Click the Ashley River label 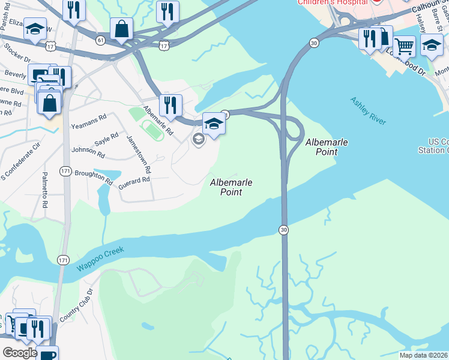368,110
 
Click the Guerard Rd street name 133,180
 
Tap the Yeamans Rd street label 88,117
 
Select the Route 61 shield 100,40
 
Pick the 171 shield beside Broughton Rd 65,172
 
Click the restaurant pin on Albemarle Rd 170,104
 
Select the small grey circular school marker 198,139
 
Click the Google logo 20,353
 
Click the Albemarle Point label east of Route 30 327,147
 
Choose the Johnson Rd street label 88,152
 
